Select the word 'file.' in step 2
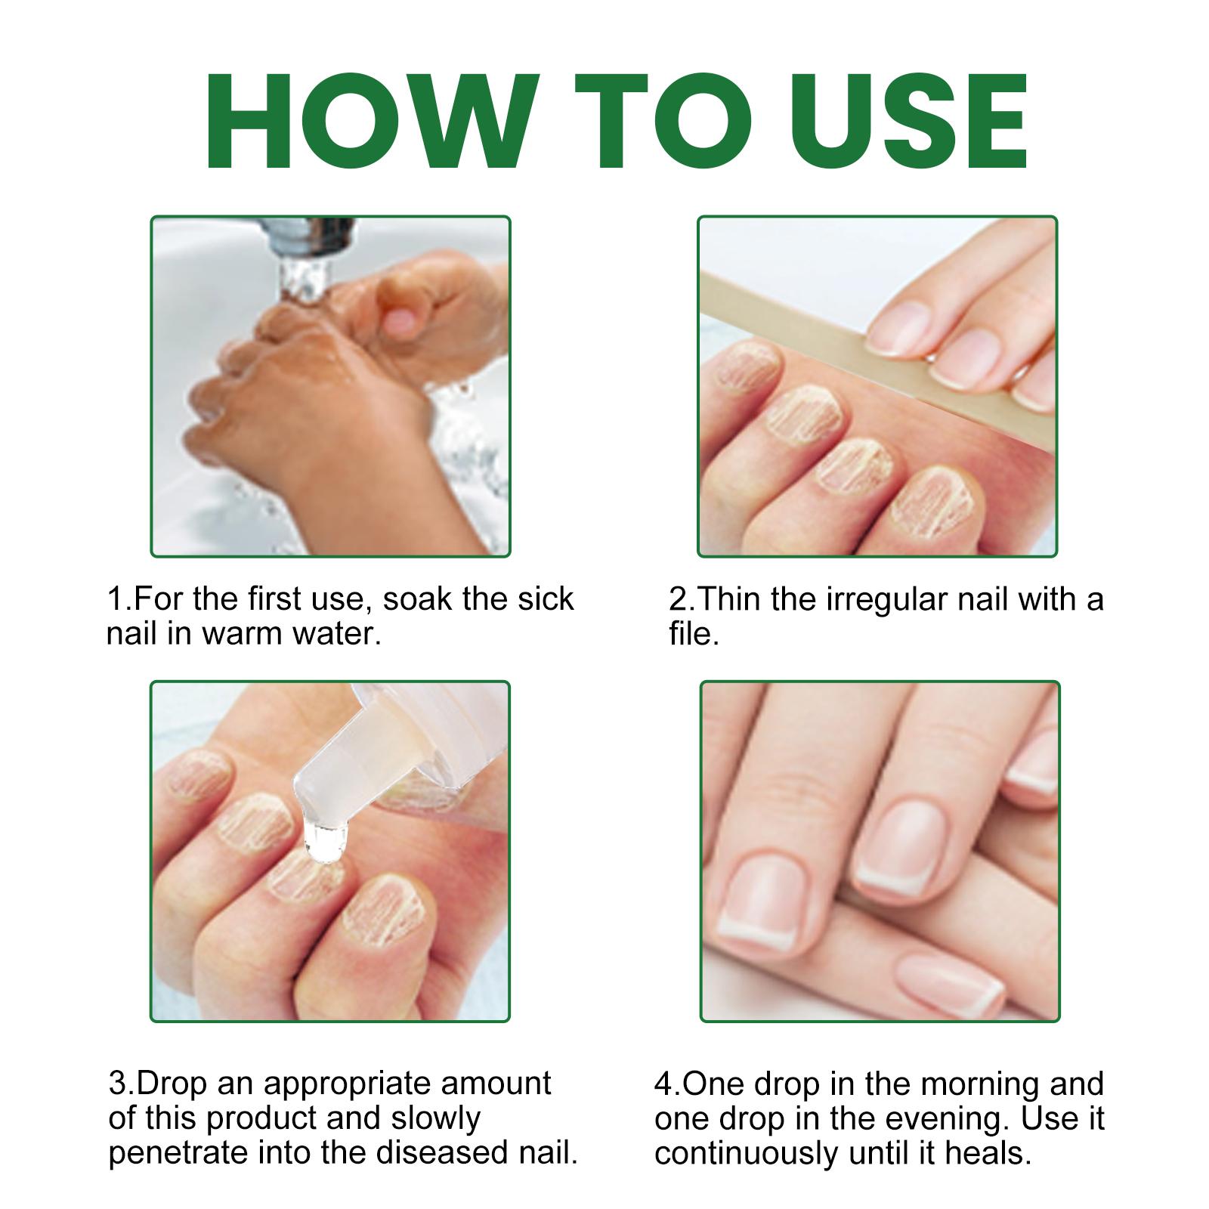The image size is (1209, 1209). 694,633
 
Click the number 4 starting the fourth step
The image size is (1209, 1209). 663,1084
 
